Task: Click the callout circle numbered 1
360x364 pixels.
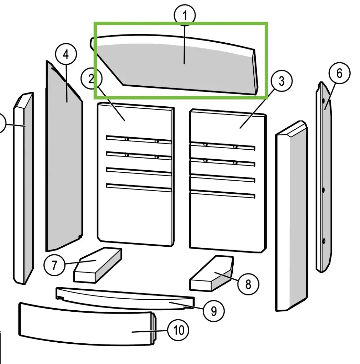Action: [185, 16]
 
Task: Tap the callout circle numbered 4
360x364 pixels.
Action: [66, 55]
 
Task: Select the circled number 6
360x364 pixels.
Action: [339, 74]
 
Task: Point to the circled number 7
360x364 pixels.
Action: [54, 266]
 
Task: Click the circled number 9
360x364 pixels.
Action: [213, 311]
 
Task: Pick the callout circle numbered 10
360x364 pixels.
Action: [178, 331]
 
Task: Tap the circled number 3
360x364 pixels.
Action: [281, 81]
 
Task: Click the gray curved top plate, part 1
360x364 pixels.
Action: [178, 68]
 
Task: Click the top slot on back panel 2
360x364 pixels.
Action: [139, 139]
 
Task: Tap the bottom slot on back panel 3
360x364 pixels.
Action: [222, 194]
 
